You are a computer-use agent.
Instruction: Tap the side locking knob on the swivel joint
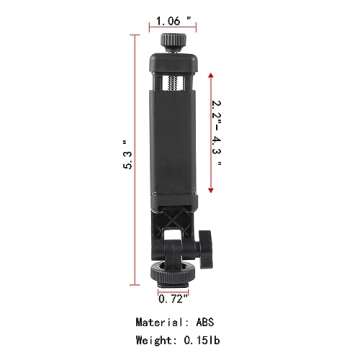pos(205,243)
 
